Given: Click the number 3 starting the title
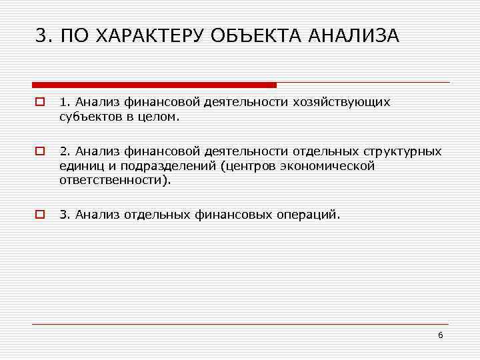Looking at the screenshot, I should (41, 35).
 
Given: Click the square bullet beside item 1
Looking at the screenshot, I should (40, 103).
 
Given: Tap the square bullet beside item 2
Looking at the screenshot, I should (40, 152).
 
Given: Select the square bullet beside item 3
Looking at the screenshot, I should (40, 214).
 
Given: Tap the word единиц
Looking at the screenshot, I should (80, 165).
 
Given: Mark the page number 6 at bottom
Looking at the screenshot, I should (441, 334).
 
